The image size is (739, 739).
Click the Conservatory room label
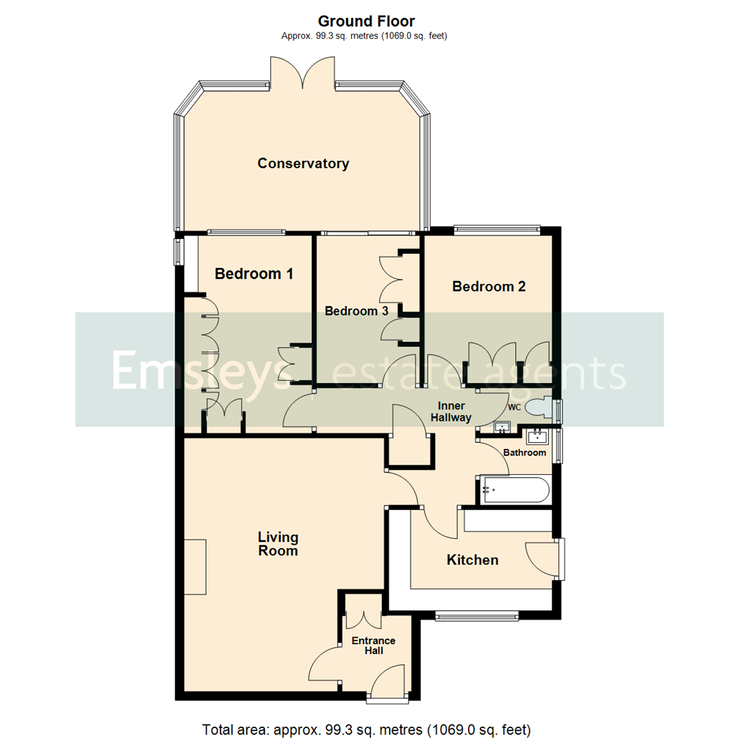click(x=303, y=164)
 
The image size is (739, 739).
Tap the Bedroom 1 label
click(x=254, y=274)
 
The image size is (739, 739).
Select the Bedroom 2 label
click(x=489, y=286)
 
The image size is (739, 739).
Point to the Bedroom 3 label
click(x=356, y=311)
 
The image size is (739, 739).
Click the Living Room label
click(x=278, y=543)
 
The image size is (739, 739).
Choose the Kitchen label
click(x=472, y=560)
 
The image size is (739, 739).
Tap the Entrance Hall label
click(x=374, y=645)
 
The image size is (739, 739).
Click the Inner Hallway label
click(x=450, y=411)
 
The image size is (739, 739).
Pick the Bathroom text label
click(x=525, y=452)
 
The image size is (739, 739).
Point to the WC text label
click(x=515, y=407)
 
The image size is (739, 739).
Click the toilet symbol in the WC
click(x=545, y=409)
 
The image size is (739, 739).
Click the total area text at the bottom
click(x=367, y=729)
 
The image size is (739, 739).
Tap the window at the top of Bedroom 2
click(x=496, y=231)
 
